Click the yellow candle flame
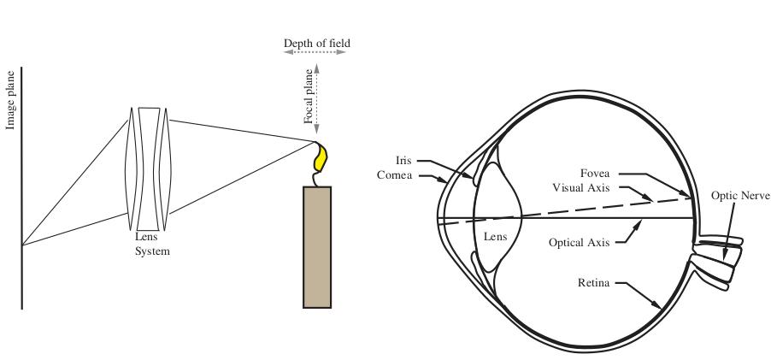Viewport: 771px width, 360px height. click(321, 156)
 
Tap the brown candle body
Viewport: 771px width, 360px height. click(317, 247)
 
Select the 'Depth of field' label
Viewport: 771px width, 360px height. click(317, 44)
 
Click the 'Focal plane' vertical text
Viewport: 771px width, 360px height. click(308, 97)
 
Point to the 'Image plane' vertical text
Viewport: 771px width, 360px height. click(10, 101)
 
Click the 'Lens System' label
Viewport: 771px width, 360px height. click(152, 244)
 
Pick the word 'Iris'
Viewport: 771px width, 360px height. click(403, 160)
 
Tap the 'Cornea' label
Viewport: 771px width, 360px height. click(394, 175)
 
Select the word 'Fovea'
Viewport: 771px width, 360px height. click(594, 173)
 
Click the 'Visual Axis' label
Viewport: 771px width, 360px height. click(580, 188)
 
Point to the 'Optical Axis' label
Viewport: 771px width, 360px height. click(580, 243)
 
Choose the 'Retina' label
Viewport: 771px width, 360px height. click(593, 283)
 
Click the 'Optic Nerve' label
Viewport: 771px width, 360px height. click(740, 195)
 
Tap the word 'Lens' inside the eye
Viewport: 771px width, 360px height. click(495, 237)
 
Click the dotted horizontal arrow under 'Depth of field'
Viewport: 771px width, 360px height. click(315, 51)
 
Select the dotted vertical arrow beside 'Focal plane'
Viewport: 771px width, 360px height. click(316, 98)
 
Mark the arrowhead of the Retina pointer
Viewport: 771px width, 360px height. click(658, 305)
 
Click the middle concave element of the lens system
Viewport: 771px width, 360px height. click(149, 168)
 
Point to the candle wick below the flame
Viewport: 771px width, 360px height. click(316, 179)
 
